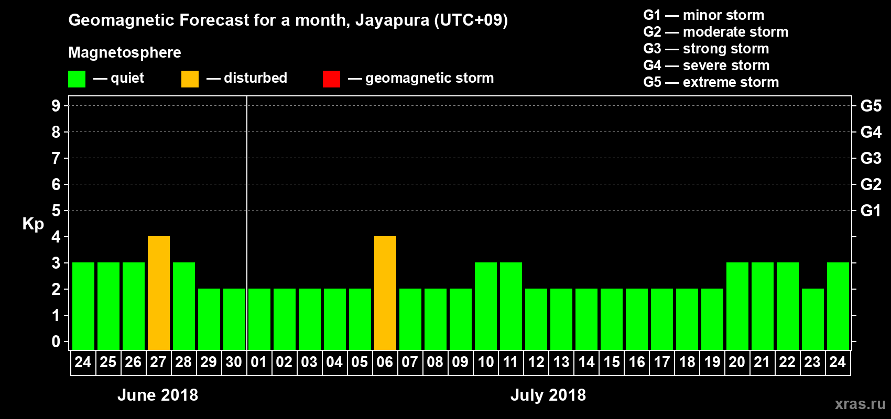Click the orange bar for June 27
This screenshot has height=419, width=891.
point(158,293)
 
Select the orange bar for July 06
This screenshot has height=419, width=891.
point(385,293)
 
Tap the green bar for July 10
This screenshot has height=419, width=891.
point(485,306)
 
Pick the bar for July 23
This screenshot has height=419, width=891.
point(812,319)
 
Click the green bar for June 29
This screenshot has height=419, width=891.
point(209,319)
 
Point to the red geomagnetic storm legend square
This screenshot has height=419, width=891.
point(331,79)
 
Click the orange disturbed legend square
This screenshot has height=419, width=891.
point(190,79)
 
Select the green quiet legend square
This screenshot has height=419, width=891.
point(77,79)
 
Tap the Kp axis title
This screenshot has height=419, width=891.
point(33,224)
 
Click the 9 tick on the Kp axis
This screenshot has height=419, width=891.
point(56,106)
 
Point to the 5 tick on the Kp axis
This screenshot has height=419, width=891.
point(56,211)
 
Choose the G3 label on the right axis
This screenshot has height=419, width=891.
point(871,158)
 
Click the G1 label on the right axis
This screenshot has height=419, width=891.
point(871,211)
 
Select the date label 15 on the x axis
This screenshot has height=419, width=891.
point(611,362)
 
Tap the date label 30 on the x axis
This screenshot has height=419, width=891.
point(234,362)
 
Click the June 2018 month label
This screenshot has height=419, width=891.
point(158,395)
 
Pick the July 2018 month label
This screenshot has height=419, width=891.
point(548,395)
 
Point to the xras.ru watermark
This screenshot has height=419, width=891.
point(860,404)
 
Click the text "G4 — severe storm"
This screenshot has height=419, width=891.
point(707,65)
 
